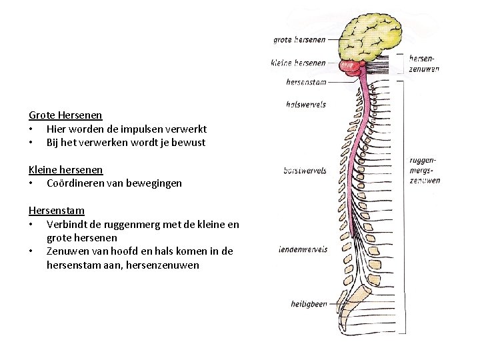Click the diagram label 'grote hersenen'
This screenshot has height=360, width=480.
[x=300, y=39]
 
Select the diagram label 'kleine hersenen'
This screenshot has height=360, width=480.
[x=299, y=63]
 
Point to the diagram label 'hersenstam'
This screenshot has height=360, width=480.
[x=305, y=83]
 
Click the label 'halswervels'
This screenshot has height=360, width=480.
[x=305, y=104]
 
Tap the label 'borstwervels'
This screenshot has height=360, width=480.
[x=305, y=170]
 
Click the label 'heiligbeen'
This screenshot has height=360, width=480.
[x=307, y=304]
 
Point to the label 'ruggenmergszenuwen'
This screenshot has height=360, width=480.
[x=425, y=170]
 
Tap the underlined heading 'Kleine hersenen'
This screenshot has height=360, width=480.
[x=65, y=169]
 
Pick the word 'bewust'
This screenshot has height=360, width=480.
[x=190, y=143]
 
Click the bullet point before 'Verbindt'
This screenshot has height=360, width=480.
[x=31, y=225]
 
